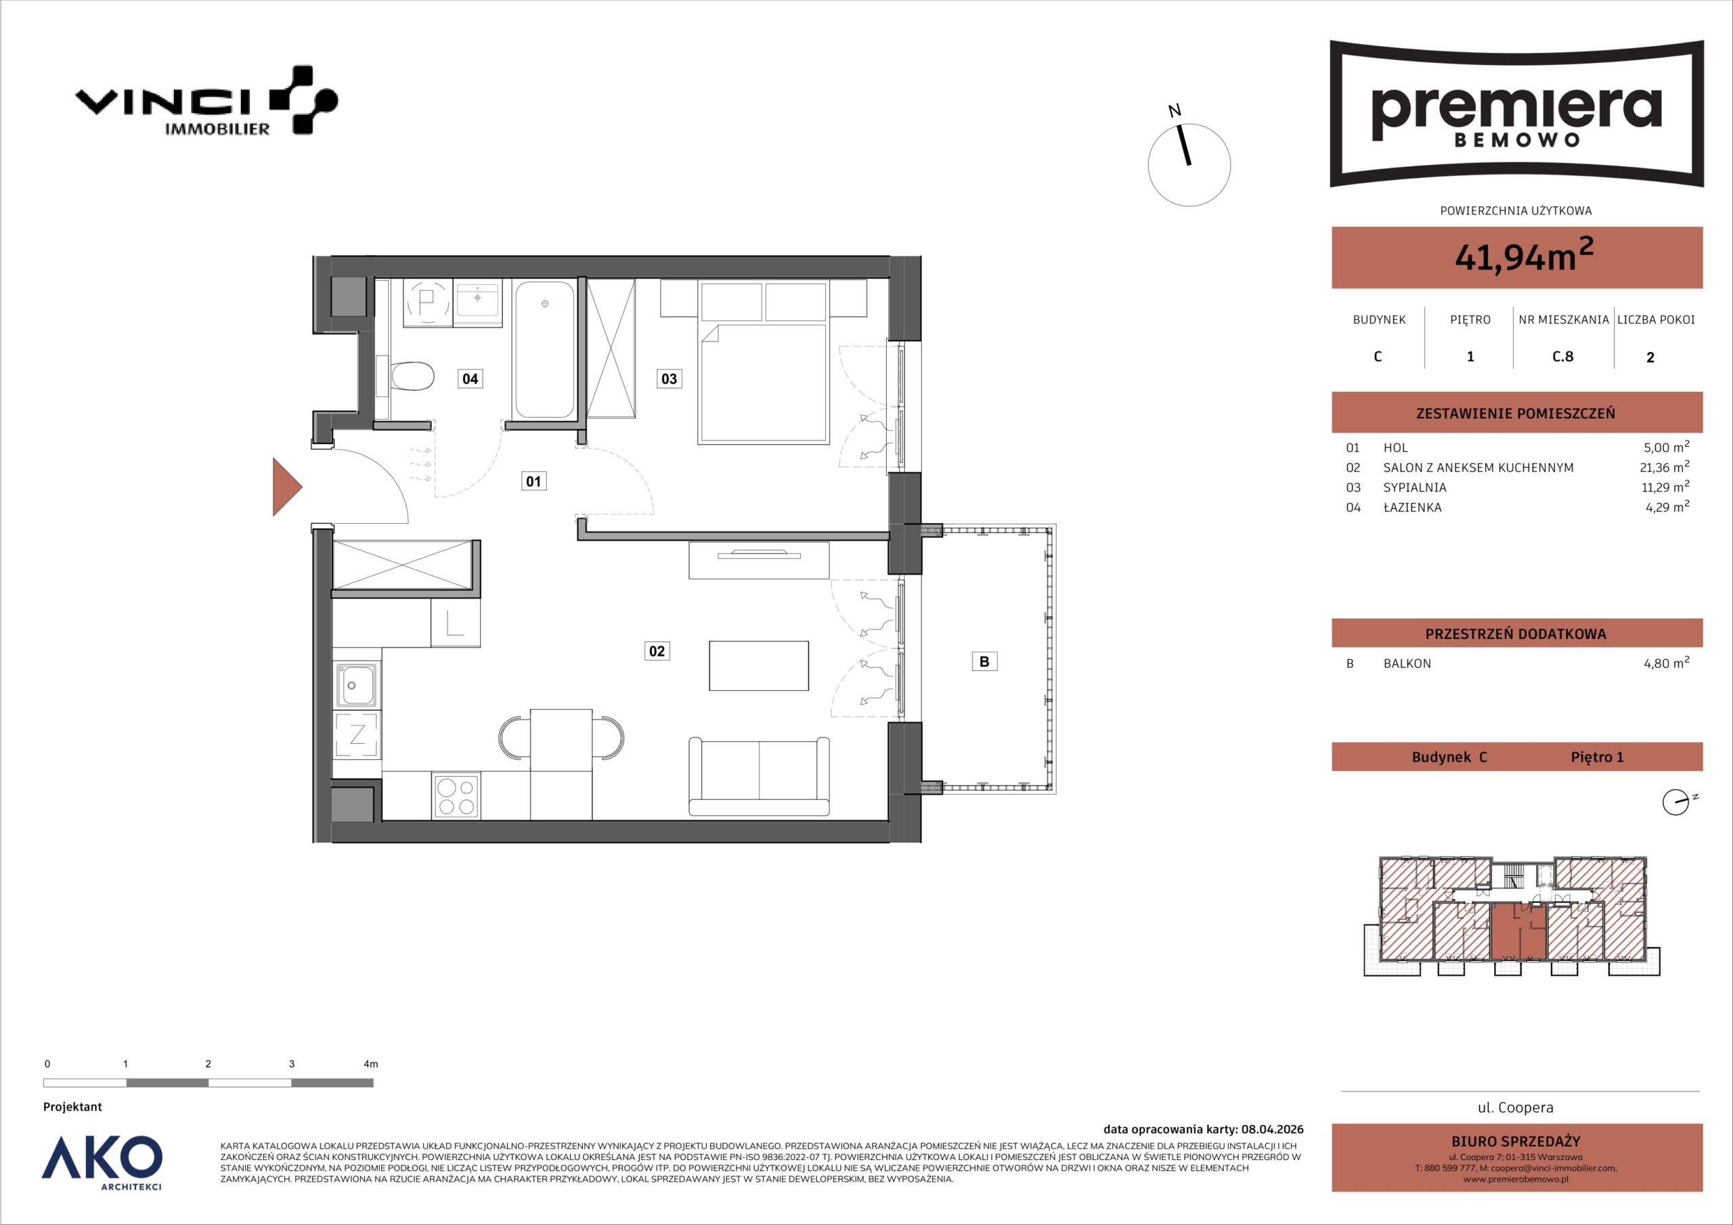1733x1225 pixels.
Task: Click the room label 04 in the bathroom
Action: [x=470, y=378]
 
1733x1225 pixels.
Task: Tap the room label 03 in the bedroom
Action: [x=669, y=378]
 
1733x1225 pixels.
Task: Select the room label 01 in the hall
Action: [x=533, y=481]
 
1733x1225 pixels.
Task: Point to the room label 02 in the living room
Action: [x=657, y=650]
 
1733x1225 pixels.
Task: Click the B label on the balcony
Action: [x=984, y=661]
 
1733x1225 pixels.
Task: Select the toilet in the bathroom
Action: [x=412, y=375]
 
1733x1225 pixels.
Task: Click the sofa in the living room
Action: [x=759, y=776]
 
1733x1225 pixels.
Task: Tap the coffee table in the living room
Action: [x=759, y=665]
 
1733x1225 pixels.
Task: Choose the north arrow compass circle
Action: [x=1189, y=164]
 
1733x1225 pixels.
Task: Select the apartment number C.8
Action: [x=1562, y=356]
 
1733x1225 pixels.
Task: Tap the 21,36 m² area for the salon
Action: [x=1665, y=466]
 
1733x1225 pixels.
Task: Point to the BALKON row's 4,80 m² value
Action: [x=1667, y=663]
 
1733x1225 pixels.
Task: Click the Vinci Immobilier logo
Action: [x=206, y=100]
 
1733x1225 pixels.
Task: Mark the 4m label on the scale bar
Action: [x=370, y=1063]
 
